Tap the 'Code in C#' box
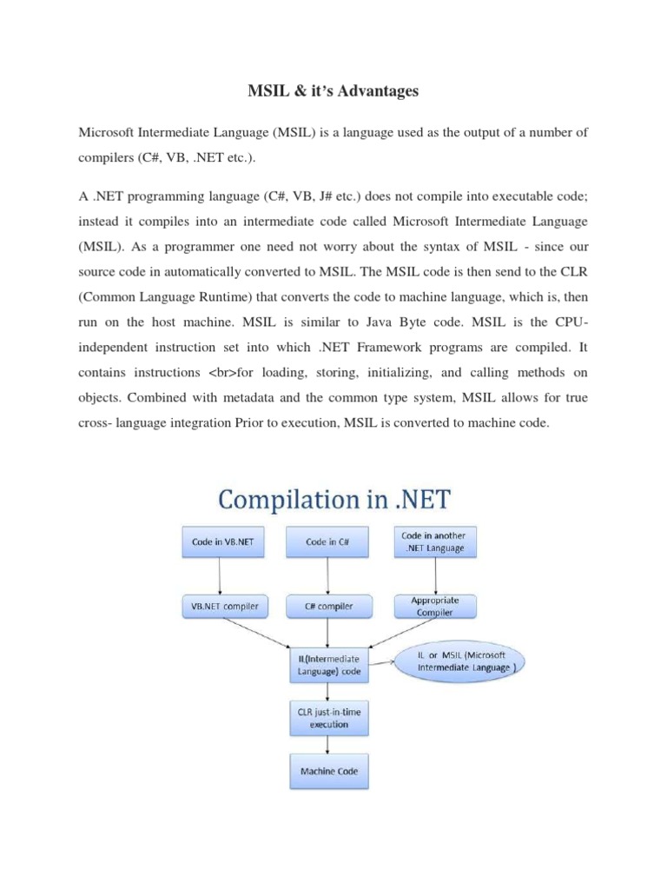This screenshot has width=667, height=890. pos(328,541)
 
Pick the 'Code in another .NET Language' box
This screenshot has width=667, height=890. pos(433,541)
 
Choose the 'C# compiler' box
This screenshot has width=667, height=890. pos(328,606)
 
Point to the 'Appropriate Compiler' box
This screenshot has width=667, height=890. pos(433,606)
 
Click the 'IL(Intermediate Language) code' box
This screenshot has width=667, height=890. pos(328,666)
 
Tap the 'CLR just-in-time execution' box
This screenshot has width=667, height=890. pos(328,717)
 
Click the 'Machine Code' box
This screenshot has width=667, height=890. pos(328,771)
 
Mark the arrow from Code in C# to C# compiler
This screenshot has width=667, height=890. pos(328,574)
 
